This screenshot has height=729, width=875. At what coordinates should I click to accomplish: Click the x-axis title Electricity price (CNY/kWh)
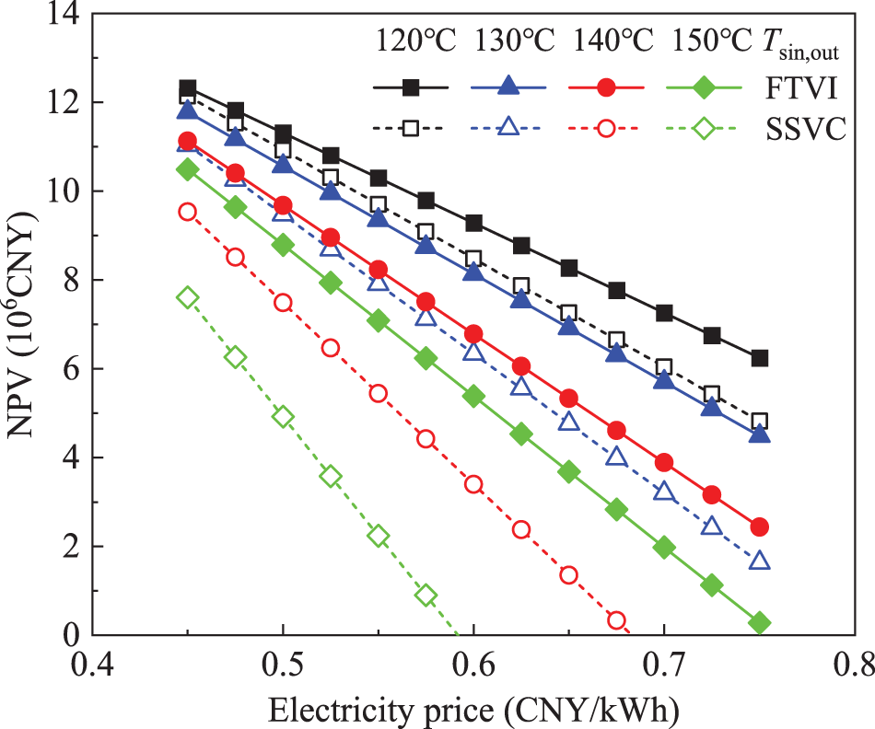click(x=474, y=709)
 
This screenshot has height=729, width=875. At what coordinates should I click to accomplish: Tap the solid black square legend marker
click(x=411, y=88)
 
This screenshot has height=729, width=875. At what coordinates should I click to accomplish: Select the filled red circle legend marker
click(x=605, y=88)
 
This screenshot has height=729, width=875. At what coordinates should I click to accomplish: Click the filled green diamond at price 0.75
click(x=759, y=623)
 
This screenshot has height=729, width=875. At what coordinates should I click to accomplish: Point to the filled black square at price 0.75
click(x=759, y=358)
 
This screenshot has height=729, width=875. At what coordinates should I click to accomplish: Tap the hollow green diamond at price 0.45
click(x=188, y=296)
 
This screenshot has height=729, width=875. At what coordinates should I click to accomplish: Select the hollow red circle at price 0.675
click(x=616, y=619)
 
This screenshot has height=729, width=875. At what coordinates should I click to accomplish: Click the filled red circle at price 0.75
click(x=759, y=526)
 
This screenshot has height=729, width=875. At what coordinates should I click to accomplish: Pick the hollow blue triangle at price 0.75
click(x=759, y=561)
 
